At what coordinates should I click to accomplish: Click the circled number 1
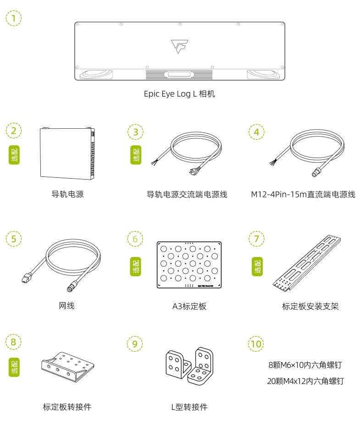point(14,18)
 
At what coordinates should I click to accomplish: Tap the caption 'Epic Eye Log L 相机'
point(179,94)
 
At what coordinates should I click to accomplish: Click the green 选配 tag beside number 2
point(14,156)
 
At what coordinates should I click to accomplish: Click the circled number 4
point(256,132)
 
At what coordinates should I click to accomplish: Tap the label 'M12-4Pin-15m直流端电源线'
point(303,195)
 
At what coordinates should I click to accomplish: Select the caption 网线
point(67,306)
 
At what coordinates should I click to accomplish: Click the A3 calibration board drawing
point(189,265)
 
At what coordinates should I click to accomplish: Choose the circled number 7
point(256,239)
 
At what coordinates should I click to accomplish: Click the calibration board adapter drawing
point(68,366)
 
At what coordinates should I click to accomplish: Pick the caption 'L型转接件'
point(189,407)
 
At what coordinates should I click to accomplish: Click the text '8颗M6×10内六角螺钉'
point(305,365)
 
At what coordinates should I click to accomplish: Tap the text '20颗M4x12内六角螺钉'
point(305,381)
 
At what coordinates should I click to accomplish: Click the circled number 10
point(256,343)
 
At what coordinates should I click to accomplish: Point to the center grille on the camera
point(179,75)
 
